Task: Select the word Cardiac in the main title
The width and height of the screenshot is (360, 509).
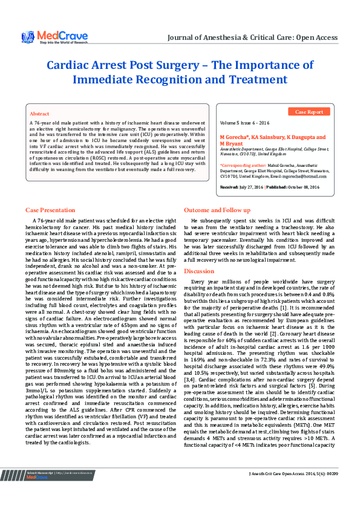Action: coord(73,65)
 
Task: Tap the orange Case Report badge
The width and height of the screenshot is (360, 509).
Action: coord(309,112)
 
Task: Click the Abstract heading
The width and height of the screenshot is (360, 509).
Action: coord(39,114)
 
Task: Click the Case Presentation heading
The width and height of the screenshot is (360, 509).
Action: coord(50,210)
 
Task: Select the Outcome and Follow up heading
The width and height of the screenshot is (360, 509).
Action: coord(217,210)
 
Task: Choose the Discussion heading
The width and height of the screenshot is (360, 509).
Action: coord(199,271)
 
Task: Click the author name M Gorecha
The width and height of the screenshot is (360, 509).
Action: coord(233,137)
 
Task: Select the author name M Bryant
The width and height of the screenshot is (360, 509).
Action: coord(231,143)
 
